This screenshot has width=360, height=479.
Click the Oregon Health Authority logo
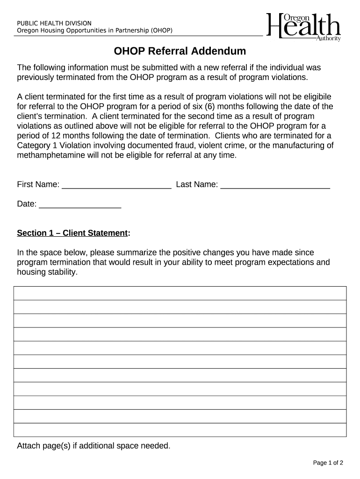coord(303,27)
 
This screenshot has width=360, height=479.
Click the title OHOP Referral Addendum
coord(180,51)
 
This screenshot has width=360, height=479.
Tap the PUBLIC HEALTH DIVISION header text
coord(54,23)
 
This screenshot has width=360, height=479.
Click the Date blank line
coord(80,204)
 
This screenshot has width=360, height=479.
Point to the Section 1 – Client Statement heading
coord(73,233)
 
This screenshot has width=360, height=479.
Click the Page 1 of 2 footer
coord(328,463)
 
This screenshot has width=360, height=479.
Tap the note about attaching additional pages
coord(94,446)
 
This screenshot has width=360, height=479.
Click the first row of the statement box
coord(180,293)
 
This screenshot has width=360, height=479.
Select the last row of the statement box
coord(180,430)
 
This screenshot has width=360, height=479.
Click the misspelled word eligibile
coord(316,96)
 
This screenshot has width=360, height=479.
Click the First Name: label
coord(38,185)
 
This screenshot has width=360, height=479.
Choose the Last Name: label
coord(197,185)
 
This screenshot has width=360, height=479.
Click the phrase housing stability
coord(47,272)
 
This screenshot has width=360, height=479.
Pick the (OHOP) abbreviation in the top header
coord(162,31)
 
